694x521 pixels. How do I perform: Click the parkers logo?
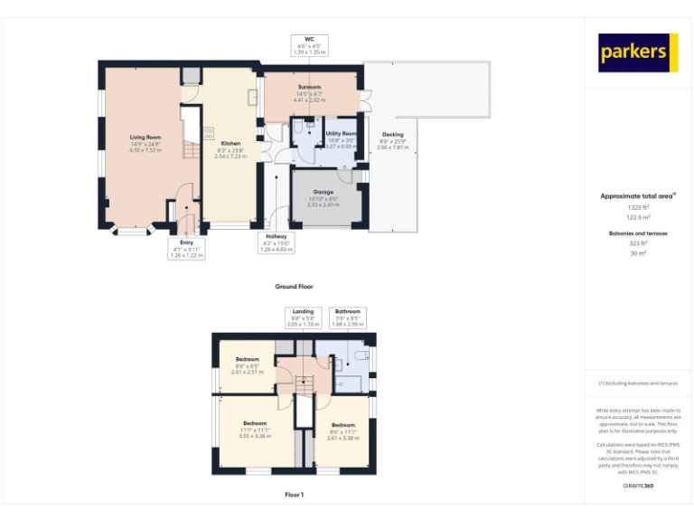638,52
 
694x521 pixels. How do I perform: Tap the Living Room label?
145,137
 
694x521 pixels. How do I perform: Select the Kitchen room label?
230,144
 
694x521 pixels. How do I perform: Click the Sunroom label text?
309,88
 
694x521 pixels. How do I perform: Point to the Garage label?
324,192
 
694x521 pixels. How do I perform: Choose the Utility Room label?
341,133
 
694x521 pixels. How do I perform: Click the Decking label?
392,134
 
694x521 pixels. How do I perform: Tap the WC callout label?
309,40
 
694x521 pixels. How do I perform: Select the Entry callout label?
187,242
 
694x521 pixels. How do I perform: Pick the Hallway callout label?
276,236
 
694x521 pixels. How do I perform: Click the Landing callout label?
303,311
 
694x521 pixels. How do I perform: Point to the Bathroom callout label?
348,311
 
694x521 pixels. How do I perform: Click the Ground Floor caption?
295,286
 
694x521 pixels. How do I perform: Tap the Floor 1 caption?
295,495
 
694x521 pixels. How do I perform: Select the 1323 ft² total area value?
638,207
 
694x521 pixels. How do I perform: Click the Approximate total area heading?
637,195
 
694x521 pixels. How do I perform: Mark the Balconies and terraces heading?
638,233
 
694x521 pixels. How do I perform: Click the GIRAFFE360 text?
638,487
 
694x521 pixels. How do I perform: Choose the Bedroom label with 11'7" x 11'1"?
255,423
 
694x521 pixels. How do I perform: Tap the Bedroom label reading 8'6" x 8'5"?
247,359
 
